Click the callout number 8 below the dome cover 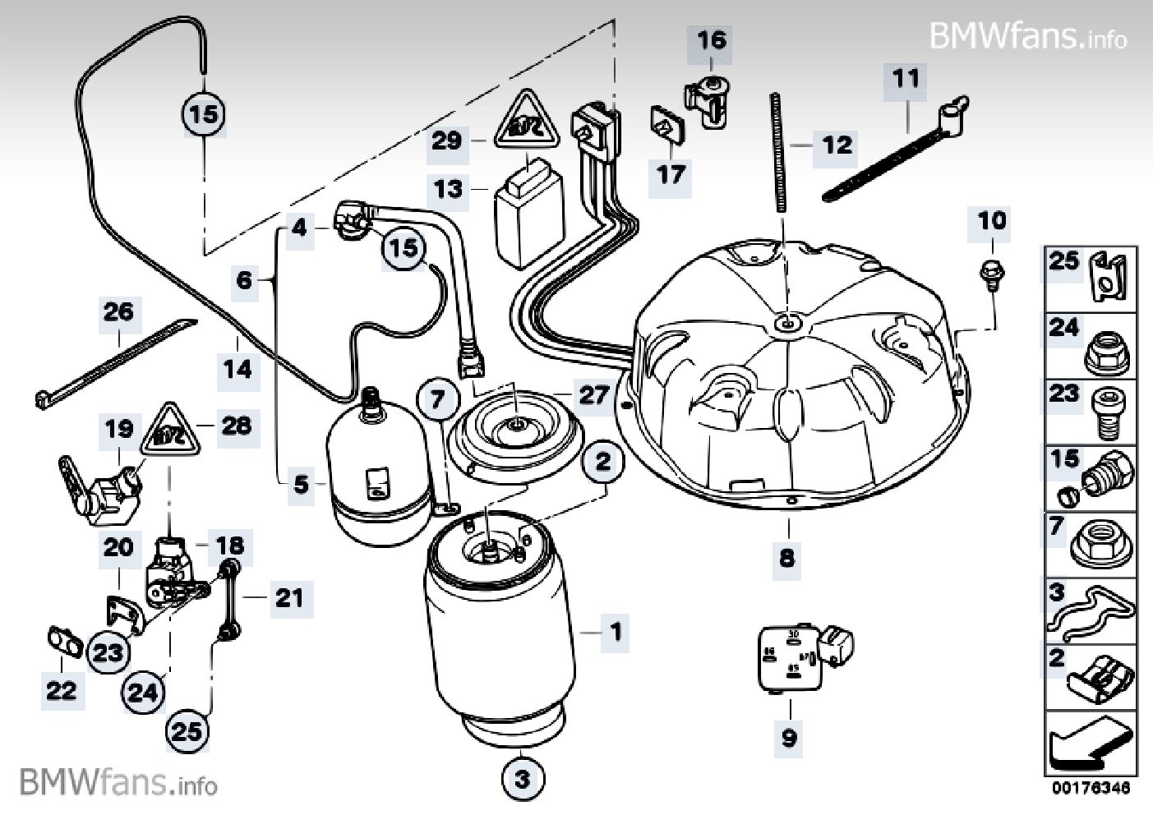[787, 559]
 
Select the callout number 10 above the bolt [992, 221]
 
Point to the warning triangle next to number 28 [172, 431]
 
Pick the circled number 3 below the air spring [523, 778]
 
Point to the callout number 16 [713, 39]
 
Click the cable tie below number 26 [115, 361]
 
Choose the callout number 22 [61, 690]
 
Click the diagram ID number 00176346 [1091, 788]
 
